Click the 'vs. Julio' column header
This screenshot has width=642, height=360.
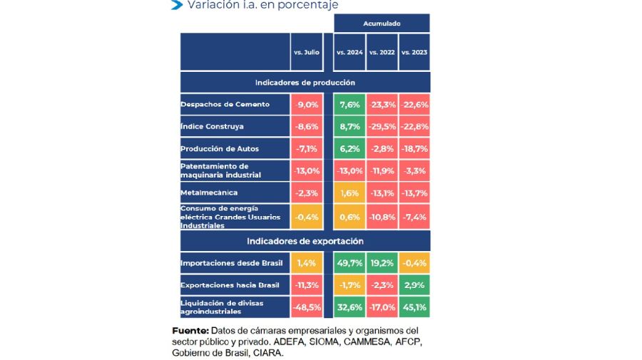(307, 52)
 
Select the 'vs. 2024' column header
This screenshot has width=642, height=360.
(350, 52)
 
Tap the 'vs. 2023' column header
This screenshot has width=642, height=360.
(414, 52)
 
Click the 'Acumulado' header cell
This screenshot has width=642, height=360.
(382, 24)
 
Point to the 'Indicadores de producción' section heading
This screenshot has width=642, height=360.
(305, 83)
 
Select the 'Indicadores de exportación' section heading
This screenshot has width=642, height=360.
(305, 241)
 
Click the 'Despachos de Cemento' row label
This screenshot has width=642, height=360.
(225, 105)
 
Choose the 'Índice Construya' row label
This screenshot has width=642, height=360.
(213, 126)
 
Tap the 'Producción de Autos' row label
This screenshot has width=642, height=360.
(220, 148)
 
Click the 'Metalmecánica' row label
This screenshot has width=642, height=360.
(209, 192)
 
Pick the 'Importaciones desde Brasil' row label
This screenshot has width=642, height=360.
(232, 263)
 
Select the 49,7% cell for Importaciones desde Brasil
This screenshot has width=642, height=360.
(350, 263)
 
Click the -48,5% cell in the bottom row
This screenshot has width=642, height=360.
(307, 307)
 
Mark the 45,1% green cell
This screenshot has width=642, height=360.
(414, 307)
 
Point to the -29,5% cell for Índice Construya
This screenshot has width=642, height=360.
(382, 126)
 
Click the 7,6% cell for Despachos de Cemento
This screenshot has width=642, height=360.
(350, 105)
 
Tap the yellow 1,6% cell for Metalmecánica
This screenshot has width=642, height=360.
(350, 192)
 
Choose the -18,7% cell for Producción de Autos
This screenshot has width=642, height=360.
(414, 148)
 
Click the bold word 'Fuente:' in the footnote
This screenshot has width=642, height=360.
(190, 331)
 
